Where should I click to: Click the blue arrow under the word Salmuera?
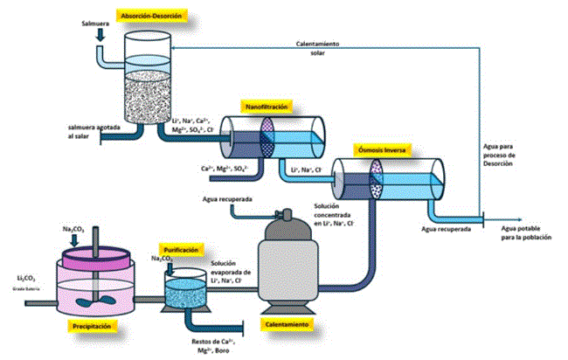pyautogui.click(x=101, y=32)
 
